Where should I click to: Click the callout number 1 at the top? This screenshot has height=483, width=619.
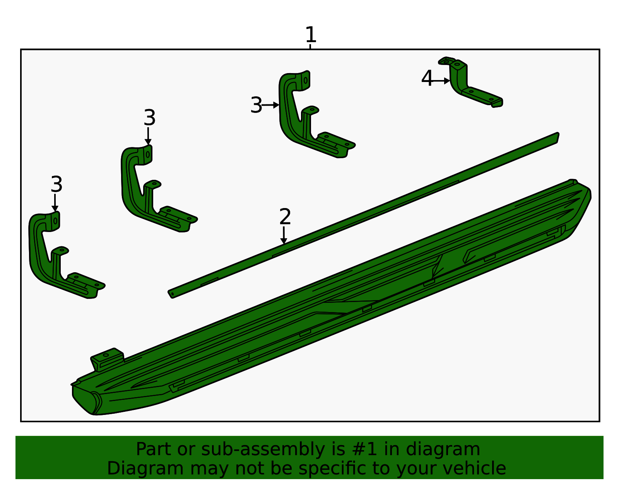pos(311,35)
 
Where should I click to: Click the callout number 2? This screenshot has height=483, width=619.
pos(285,217)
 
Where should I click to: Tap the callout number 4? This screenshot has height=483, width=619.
pos(427,79)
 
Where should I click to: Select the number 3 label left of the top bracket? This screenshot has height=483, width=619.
pos(256,105)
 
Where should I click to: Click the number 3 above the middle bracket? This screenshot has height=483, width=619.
pos(149,118)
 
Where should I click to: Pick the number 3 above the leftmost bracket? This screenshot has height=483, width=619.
pos(56,184)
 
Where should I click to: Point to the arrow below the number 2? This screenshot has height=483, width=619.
pos(284,236)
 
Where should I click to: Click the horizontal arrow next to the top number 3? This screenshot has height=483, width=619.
pos(271,105)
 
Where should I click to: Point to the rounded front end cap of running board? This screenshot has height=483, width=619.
pos(87,400)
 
